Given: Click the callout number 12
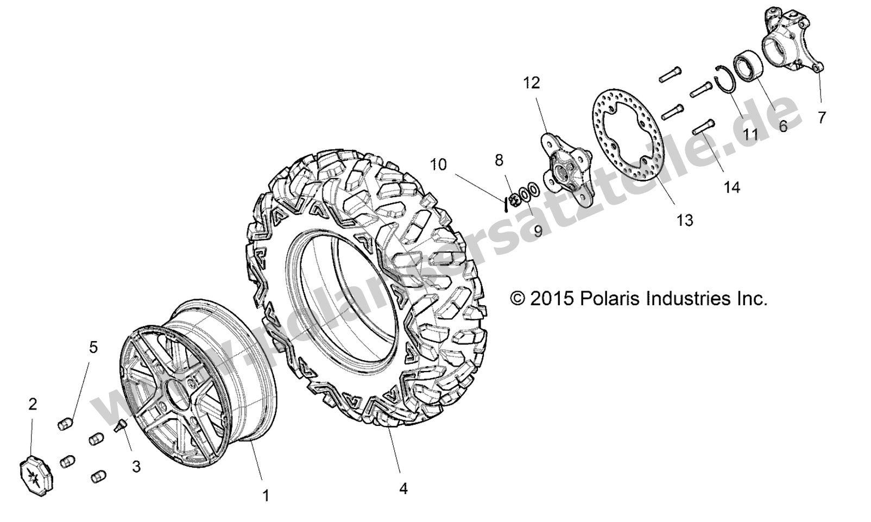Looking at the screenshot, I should pyautogui.click(x=532, y=83).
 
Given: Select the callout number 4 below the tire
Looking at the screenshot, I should pyautogui.click(x=403, y=489).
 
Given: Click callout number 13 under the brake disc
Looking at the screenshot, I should pyautogui.click(x=685, y=220).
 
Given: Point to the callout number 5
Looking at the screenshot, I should pyautogui.click(x=93, y=348).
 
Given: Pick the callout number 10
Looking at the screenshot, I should pyautogui.click(x=439, y=164).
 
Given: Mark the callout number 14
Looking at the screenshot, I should pyautogui.click(x=731, y=187).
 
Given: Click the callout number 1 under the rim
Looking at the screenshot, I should pyautogui.click(x=266, y=495).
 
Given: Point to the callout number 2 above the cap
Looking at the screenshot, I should pyautogui.click(x=33, y=404).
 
